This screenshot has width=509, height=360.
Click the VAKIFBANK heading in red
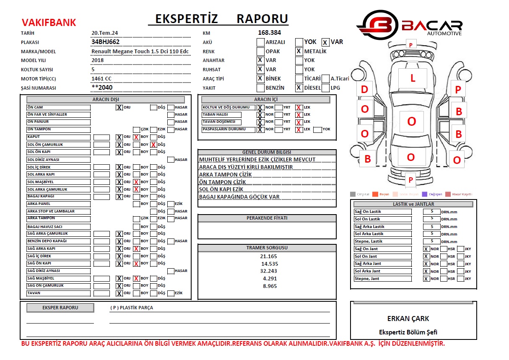pyautogui.click(x=49, y=22)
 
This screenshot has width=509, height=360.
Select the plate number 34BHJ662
pyautogui.click(x=105, y=42)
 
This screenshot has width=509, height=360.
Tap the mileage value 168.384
pyautogui.click(x=269, y=32)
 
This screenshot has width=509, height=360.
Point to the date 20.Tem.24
pyautogui.click(x=104, y=33)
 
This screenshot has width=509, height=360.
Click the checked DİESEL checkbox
pyautogui.click(x=299, y=88)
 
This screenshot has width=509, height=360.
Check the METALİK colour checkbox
pyautogui.click(x=299, y=52)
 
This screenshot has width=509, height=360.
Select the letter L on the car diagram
pyautogui.click(x=413, y=78)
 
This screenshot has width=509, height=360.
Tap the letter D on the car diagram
pyautogui.click(x=364, y=89)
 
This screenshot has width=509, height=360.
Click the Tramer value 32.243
pyautogui.click(x=269, y=271)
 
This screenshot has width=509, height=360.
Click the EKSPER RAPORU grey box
pyautogui.click(x=60, y=308)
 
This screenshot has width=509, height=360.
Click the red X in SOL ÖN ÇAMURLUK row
pyautogui.click(x=154, y=145)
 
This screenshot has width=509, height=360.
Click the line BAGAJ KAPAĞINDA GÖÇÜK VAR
pyautogui.click(x=239, y=197)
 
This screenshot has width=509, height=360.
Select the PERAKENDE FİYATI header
pyautogui.click(x=267, y=218)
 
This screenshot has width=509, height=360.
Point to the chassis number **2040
pyautogui.click(x=102, y=88)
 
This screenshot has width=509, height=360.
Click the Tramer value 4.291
pyautogui.click(x=270, y=278)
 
